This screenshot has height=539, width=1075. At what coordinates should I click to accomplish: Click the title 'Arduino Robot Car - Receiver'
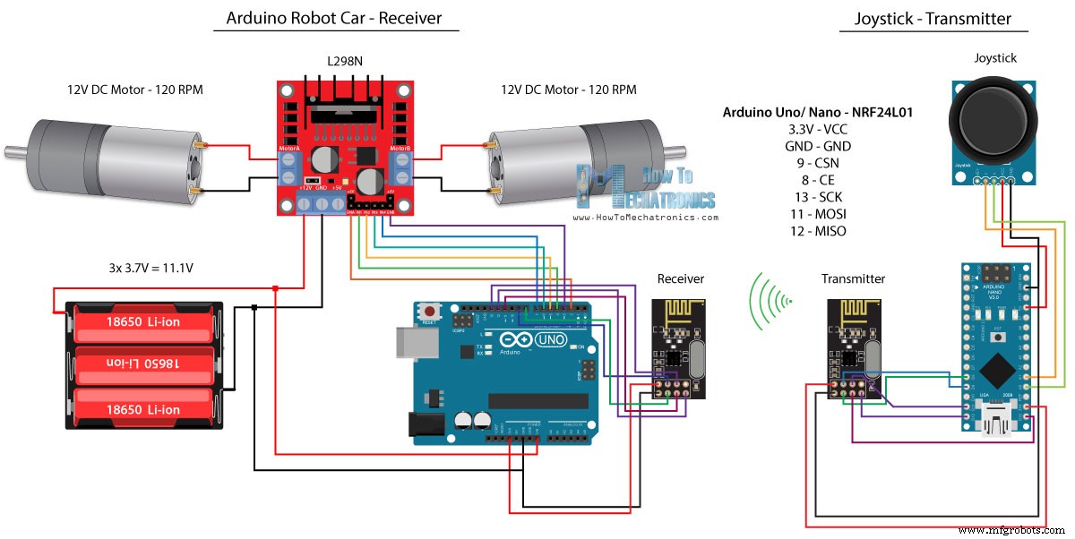[334, 18]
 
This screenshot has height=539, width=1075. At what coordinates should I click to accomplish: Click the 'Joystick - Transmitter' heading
[933, 18]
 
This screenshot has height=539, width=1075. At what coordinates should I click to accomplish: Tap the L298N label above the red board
[345, 62]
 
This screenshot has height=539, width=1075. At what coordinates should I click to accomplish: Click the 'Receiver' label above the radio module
[680, 278]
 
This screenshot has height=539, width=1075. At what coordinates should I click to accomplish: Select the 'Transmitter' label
[853, 278]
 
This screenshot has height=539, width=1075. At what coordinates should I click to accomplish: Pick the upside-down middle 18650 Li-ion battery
[143, 364]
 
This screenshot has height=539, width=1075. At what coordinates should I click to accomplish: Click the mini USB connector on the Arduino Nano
[995, 420]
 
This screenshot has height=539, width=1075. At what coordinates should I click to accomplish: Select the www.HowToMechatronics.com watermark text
[645, 217]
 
